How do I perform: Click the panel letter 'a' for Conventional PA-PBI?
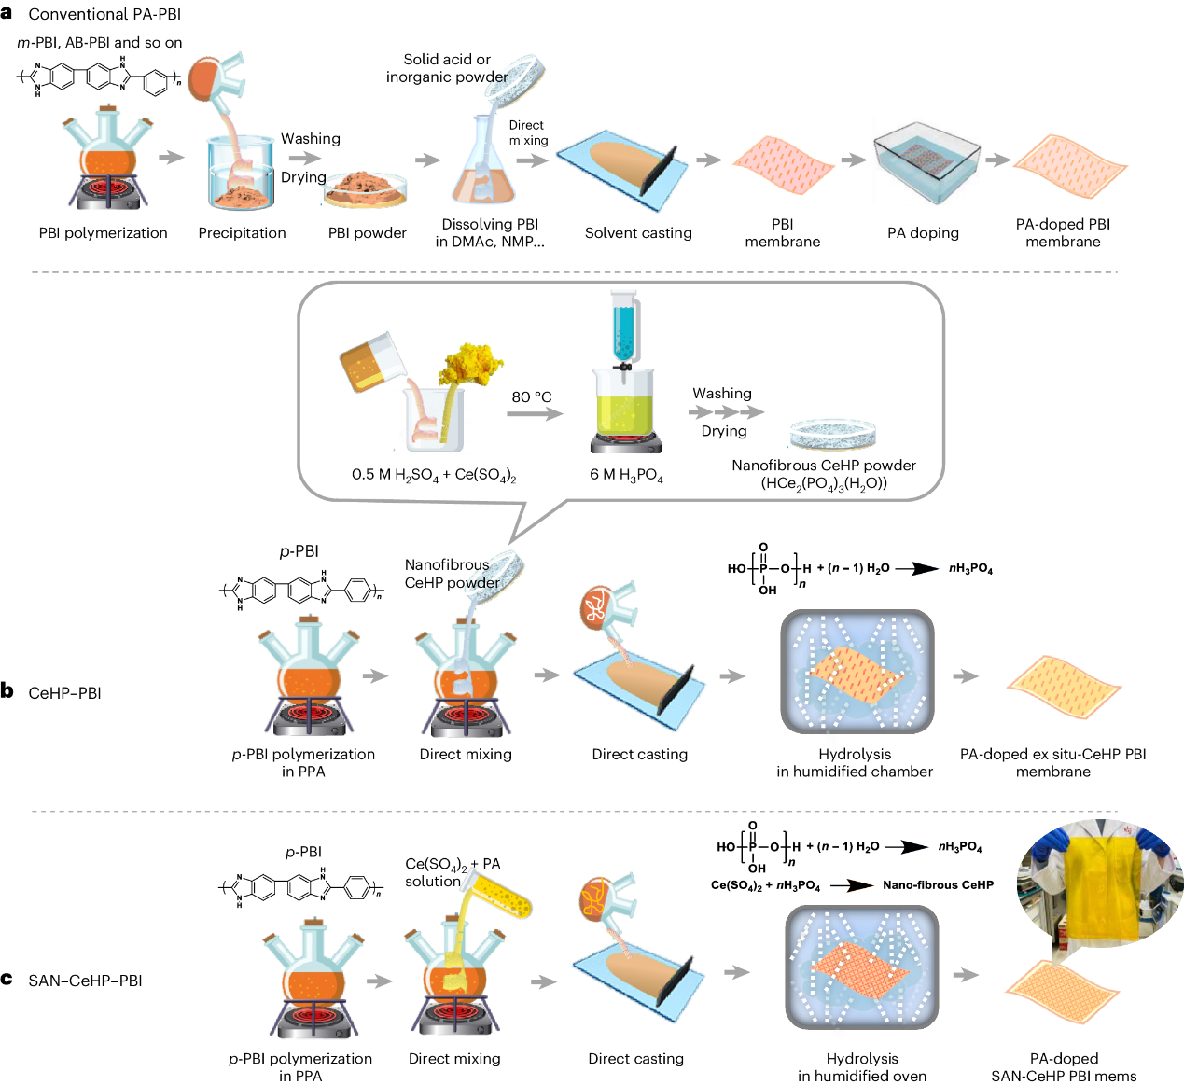(7, 13)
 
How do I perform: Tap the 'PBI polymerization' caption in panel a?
(103, 233)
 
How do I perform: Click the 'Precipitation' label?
(242, 233)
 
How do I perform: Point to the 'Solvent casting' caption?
(638, 233)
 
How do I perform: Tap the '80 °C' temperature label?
(531, 397)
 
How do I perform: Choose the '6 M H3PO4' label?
(626, 475)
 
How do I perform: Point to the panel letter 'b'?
(7, 691)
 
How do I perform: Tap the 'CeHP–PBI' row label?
(64, 693)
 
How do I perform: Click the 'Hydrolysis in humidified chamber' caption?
(854, 762)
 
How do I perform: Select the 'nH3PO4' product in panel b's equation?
(970, 569)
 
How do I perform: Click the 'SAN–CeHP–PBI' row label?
(85, 981)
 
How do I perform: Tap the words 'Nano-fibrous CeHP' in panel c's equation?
(938, 885)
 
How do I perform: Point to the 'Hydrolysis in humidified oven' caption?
(861, 1067)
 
